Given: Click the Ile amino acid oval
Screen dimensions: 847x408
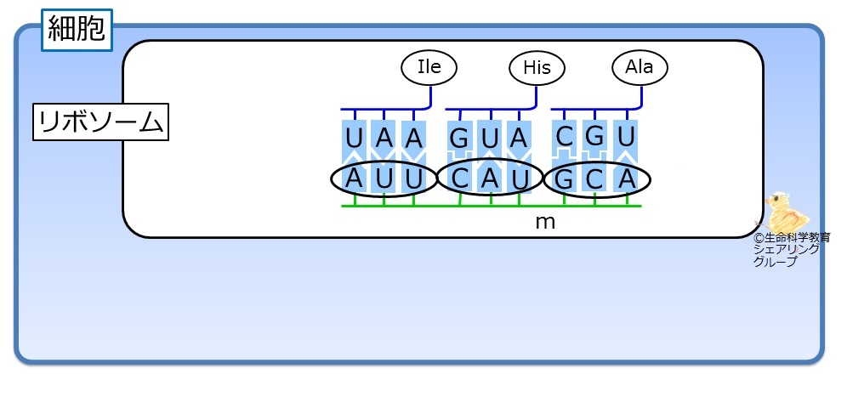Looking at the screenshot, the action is pos(429,67).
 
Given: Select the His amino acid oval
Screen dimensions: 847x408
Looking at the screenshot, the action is pos(537,68).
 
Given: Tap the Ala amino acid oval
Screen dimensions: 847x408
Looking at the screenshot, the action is pos(640,67).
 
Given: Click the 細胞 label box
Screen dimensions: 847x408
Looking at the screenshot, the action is pos(77,30).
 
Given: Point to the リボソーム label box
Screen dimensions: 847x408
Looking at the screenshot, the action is pos(100,122).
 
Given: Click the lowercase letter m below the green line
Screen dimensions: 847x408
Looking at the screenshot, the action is pos(544,222).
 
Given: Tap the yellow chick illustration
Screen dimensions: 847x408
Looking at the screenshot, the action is pos(785,212).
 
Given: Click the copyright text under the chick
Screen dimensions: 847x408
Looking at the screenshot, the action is pos(792,249).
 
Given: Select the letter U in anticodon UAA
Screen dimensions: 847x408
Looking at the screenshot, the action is pos(353,139).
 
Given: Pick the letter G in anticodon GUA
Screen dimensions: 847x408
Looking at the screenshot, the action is pos(458,139).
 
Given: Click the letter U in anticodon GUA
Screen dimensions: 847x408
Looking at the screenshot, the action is pos(489,139).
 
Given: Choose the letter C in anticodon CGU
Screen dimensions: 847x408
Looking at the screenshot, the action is pos(564,137).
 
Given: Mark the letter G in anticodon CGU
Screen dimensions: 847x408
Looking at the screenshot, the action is pos(594,137).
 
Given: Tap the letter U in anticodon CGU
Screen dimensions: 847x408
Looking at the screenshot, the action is pos(626,138).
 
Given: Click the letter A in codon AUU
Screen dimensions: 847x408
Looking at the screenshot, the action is pos(353,178).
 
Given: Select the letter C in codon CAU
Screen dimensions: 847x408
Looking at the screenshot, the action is pos(460,178).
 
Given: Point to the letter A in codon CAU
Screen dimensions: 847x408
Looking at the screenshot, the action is pos(490,178).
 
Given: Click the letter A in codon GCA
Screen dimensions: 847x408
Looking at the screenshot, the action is pos(627,179).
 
